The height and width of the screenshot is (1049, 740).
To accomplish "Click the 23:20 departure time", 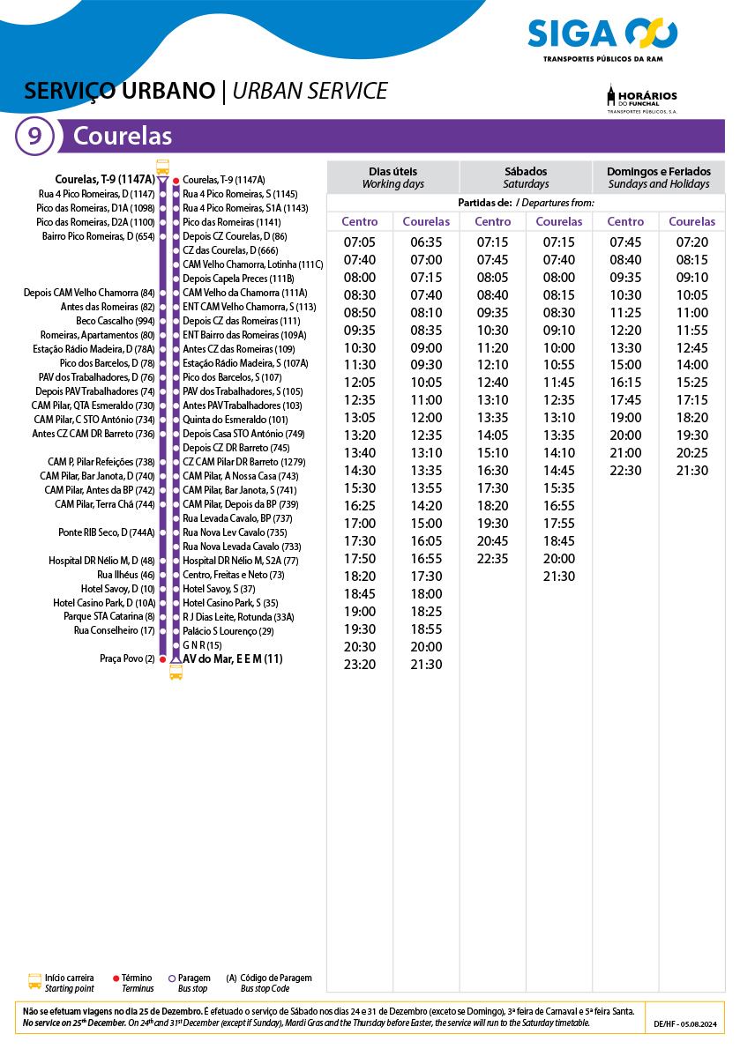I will tap(360, 665).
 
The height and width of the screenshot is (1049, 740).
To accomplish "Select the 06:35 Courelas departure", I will tap(426, 242).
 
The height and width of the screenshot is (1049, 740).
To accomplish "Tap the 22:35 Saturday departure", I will tap(492, 559).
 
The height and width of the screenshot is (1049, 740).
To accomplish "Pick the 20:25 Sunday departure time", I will tap(692, 453).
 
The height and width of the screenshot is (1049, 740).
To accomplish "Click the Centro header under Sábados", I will tap(492, 222).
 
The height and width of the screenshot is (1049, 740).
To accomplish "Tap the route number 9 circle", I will tap(34, 137).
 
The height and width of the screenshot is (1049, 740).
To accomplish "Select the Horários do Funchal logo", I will tap(642, 99).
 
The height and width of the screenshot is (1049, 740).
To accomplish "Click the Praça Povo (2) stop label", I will tap(127, 658).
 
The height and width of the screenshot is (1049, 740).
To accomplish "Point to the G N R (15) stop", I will tap(202, 645).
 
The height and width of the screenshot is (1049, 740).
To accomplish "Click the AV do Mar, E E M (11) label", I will tap(233, 658).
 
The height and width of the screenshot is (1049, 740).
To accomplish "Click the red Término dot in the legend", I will tap(116, 978).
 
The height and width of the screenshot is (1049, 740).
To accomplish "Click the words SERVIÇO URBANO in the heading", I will tap(120, 91).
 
